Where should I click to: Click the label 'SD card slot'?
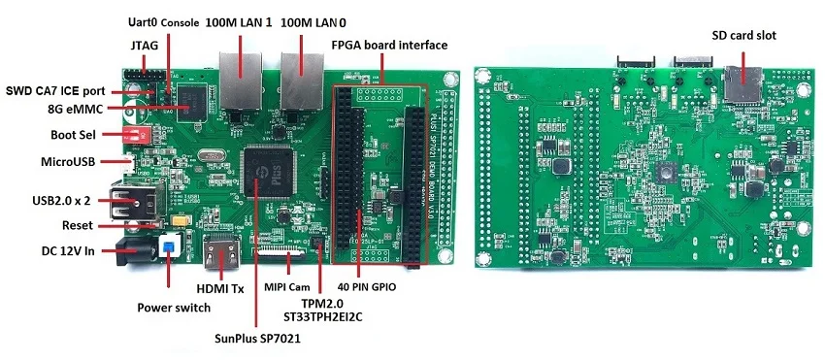743,36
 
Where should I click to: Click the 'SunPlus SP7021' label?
257,339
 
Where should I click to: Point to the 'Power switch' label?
172,308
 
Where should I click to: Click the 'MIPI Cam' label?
286,287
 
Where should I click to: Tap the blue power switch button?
171,246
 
